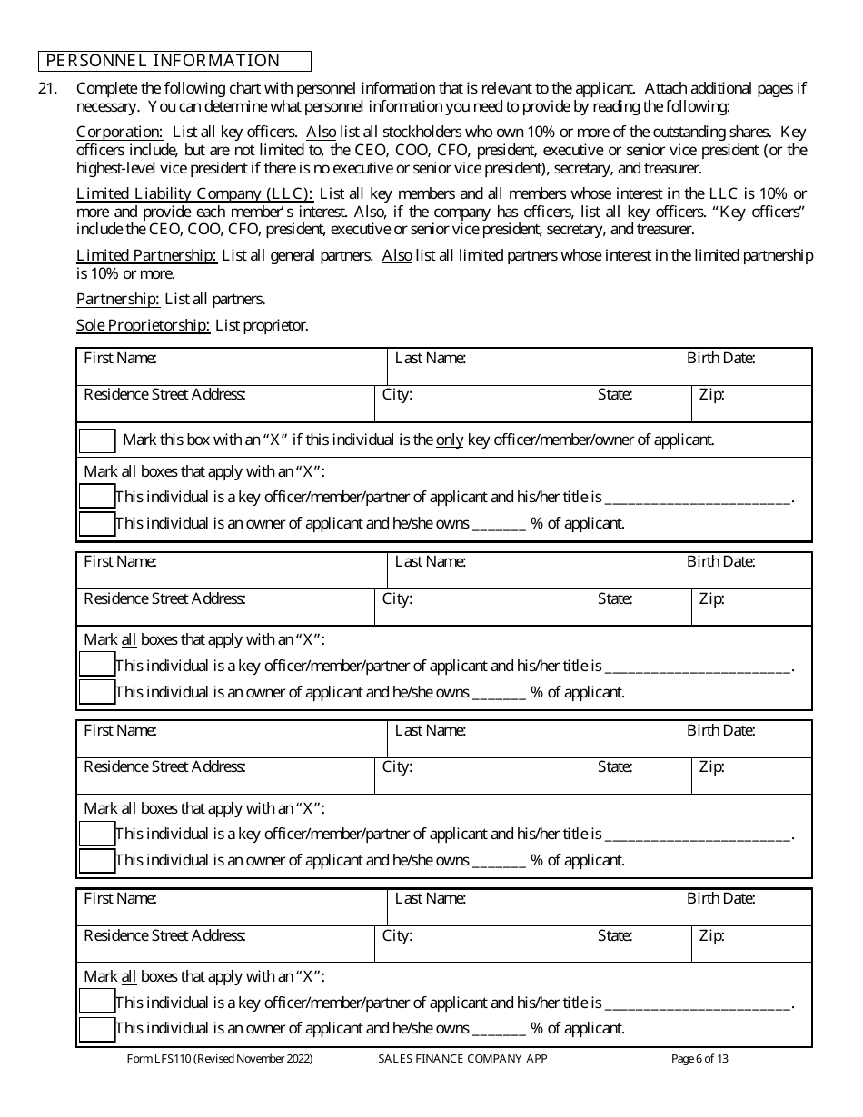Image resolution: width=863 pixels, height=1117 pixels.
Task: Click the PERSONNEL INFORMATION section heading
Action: (x=164, y=61)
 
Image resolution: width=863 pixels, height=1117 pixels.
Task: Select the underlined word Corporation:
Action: (x=120, y=132)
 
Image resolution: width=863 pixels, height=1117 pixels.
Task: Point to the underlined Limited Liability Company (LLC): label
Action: (x=194, y=193)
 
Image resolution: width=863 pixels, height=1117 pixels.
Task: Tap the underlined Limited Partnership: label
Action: (x=146, y=255)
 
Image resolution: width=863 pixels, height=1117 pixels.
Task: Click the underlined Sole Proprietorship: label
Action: (x=144, y=325)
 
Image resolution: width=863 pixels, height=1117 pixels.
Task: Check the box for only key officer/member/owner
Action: (x=97, y=440)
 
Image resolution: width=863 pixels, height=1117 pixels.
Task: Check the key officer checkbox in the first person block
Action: (x=97, y=497)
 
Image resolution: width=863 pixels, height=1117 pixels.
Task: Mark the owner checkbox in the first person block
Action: (x=97, y=524)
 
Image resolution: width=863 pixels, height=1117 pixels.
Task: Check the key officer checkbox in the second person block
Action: (x=97, y=665)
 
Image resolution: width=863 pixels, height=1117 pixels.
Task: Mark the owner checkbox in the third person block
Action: (x=97, y=861)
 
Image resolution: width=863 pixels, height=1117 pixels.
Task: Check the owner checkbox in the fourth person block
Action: (x=97, y=1029)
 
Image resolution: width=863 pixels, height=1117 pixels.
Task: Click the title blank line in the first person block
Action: (x=698, y=498)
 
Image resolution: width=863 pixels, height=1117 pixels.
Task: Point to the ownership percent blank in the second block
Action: (x=499, y=692)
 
